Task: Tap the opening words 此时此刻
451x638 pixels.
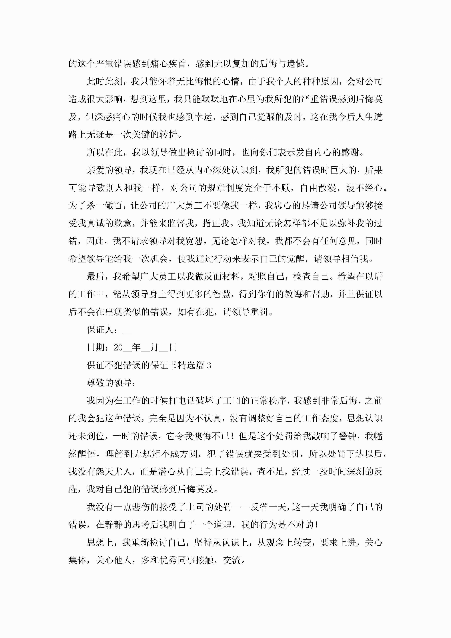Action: [x=105, y=81]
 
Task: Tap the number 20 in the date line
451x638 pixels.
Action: [x=118, y=348]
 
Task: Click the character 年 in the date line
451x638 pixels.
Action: [x=136, y=348]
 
